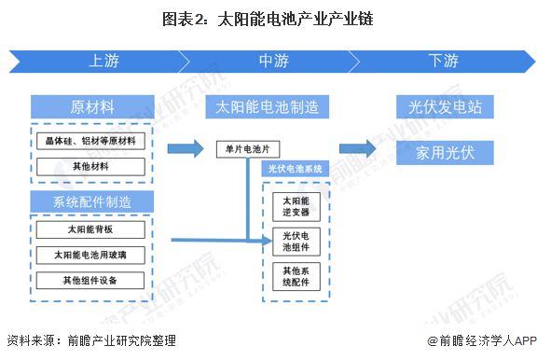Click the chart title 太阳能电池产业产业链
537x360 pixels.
[268, 18]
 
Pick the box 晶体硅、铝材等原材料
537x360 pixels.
[91, 142]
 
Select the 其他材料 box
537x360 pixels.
[91, 166]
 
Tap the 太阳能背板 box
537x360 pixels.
[91, 229]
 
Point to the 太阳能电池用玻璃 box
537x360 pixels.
[91, 254]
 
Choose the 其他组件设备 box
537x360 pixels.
[91, 280]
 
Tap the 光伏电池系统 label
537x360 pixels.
[295, 170]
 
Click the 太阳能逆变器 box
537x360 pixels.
[296, 206]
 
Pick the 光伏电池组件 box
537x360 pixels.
[296, 242]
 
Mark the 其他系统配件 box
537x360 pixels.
[296, 277]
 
